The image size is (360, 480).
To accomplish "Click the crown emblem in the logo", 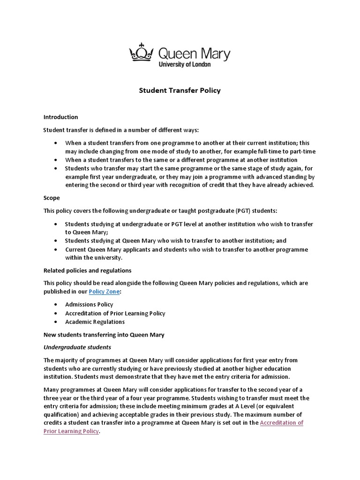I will (x=142, y=52).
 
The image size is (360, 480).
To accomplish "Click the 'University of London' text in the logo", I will (x=185, y=64).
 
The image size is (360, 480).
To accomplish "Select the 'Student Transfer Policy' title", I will (x=180, y=90).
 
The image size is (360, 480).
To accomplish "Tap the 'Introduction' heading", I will (x=60, y=117).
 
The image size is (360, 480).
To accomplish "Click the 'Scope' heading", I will (x=52, y=198).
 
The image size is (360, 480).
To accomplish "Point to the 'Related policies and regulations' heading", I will (x=87, y=270).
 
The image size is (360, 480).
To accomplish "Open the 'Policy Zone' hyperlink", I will (x=104, y=292).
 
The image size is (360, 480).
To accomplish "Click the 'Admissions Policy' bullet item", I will (x=89, y=304).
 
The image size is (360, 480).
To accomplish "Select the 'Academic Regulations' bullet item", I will (x=95, y=322).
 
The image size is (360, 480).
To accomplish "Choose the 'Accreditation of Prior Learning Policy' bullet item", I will (x=115, y=313).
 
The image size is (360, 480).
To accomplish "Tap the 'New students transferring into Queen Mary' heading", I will (x=104, y=335).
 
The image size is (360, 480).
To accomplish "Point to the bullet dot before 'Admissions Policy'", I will (x=56, y=305).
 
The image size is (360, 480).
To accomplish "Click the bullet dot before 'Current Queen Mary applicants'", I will (x=56, y=250).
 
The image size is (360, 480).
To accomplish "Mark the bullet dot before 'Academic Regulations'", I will (x=56, y=322).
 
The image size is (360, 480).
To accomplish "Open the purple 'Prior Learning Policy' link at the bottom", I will (x=71, y=431).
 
